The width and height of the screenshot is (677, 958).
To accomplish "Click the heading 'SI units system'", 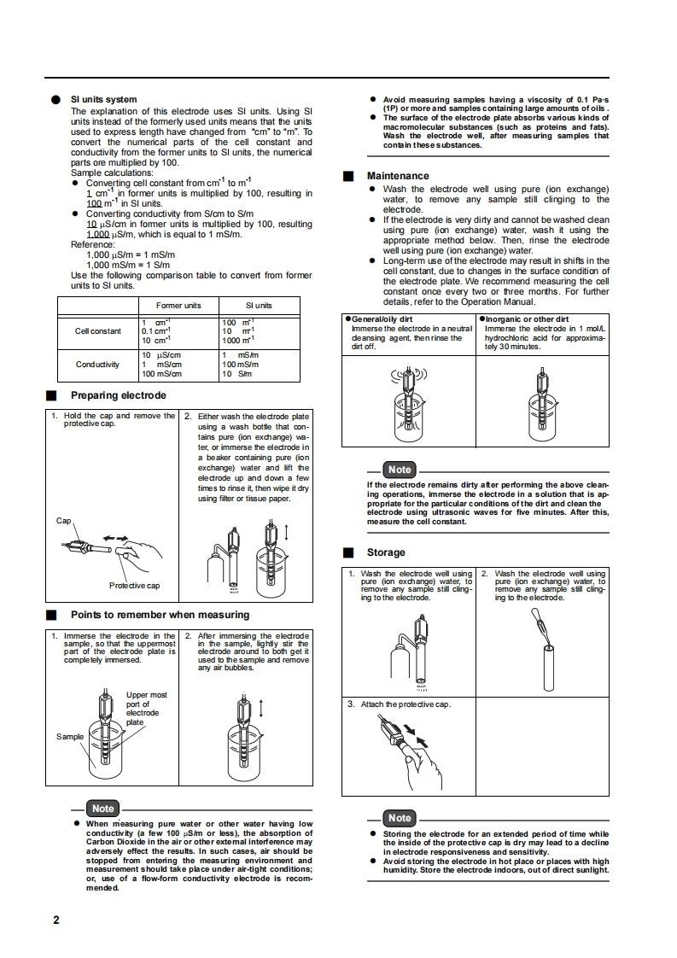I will click(103, 100).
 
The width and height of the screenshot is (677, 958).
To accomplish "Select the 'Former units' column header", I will click(178, 306).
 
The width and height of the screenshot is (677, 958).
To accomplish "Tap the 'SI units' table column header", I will click(259, 306).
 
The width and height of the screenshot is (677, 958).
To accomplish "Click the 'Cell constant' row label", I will click(98, 331).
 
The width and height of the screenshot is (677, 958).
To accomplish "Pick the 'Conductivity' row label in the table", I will click(97, 365).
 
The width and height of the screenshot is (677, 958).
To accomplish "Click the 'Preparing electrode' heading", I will click(118, 395).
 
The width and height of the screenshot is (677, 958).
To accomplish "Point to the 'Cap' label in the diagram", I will click(64, 520).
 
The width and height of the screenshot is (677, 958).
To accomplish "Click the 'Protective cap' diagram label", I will click(134, 585).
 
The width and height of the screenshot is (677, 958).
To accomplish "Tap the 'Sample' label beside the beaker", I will click(70, 736).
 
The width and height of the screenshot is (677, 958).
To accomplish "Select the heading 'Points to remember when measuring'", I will click(160, 614).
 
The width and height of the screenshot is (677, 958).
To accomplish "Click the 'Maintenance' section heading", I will click(398, 176).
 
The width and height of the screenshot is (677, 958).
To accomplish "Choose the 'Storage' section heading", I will click(386, 552).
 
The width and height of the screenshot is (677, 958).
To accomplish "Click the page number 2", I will click(56, 920).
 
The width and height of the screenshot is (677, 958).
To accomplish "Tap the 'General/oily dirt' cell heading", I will click(383, 319).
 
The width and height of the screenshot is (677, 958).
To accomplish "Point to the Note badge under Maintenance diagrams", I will click(399, 470).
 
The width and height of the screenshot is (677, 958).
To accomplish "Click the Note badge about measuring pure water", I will click(102, 808).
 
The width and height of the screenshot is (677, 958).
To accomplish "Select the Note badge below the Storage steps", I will click(399, 818).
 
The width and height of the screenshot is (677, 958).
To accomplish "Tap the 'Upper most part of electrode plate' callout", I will click(146, 709).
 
